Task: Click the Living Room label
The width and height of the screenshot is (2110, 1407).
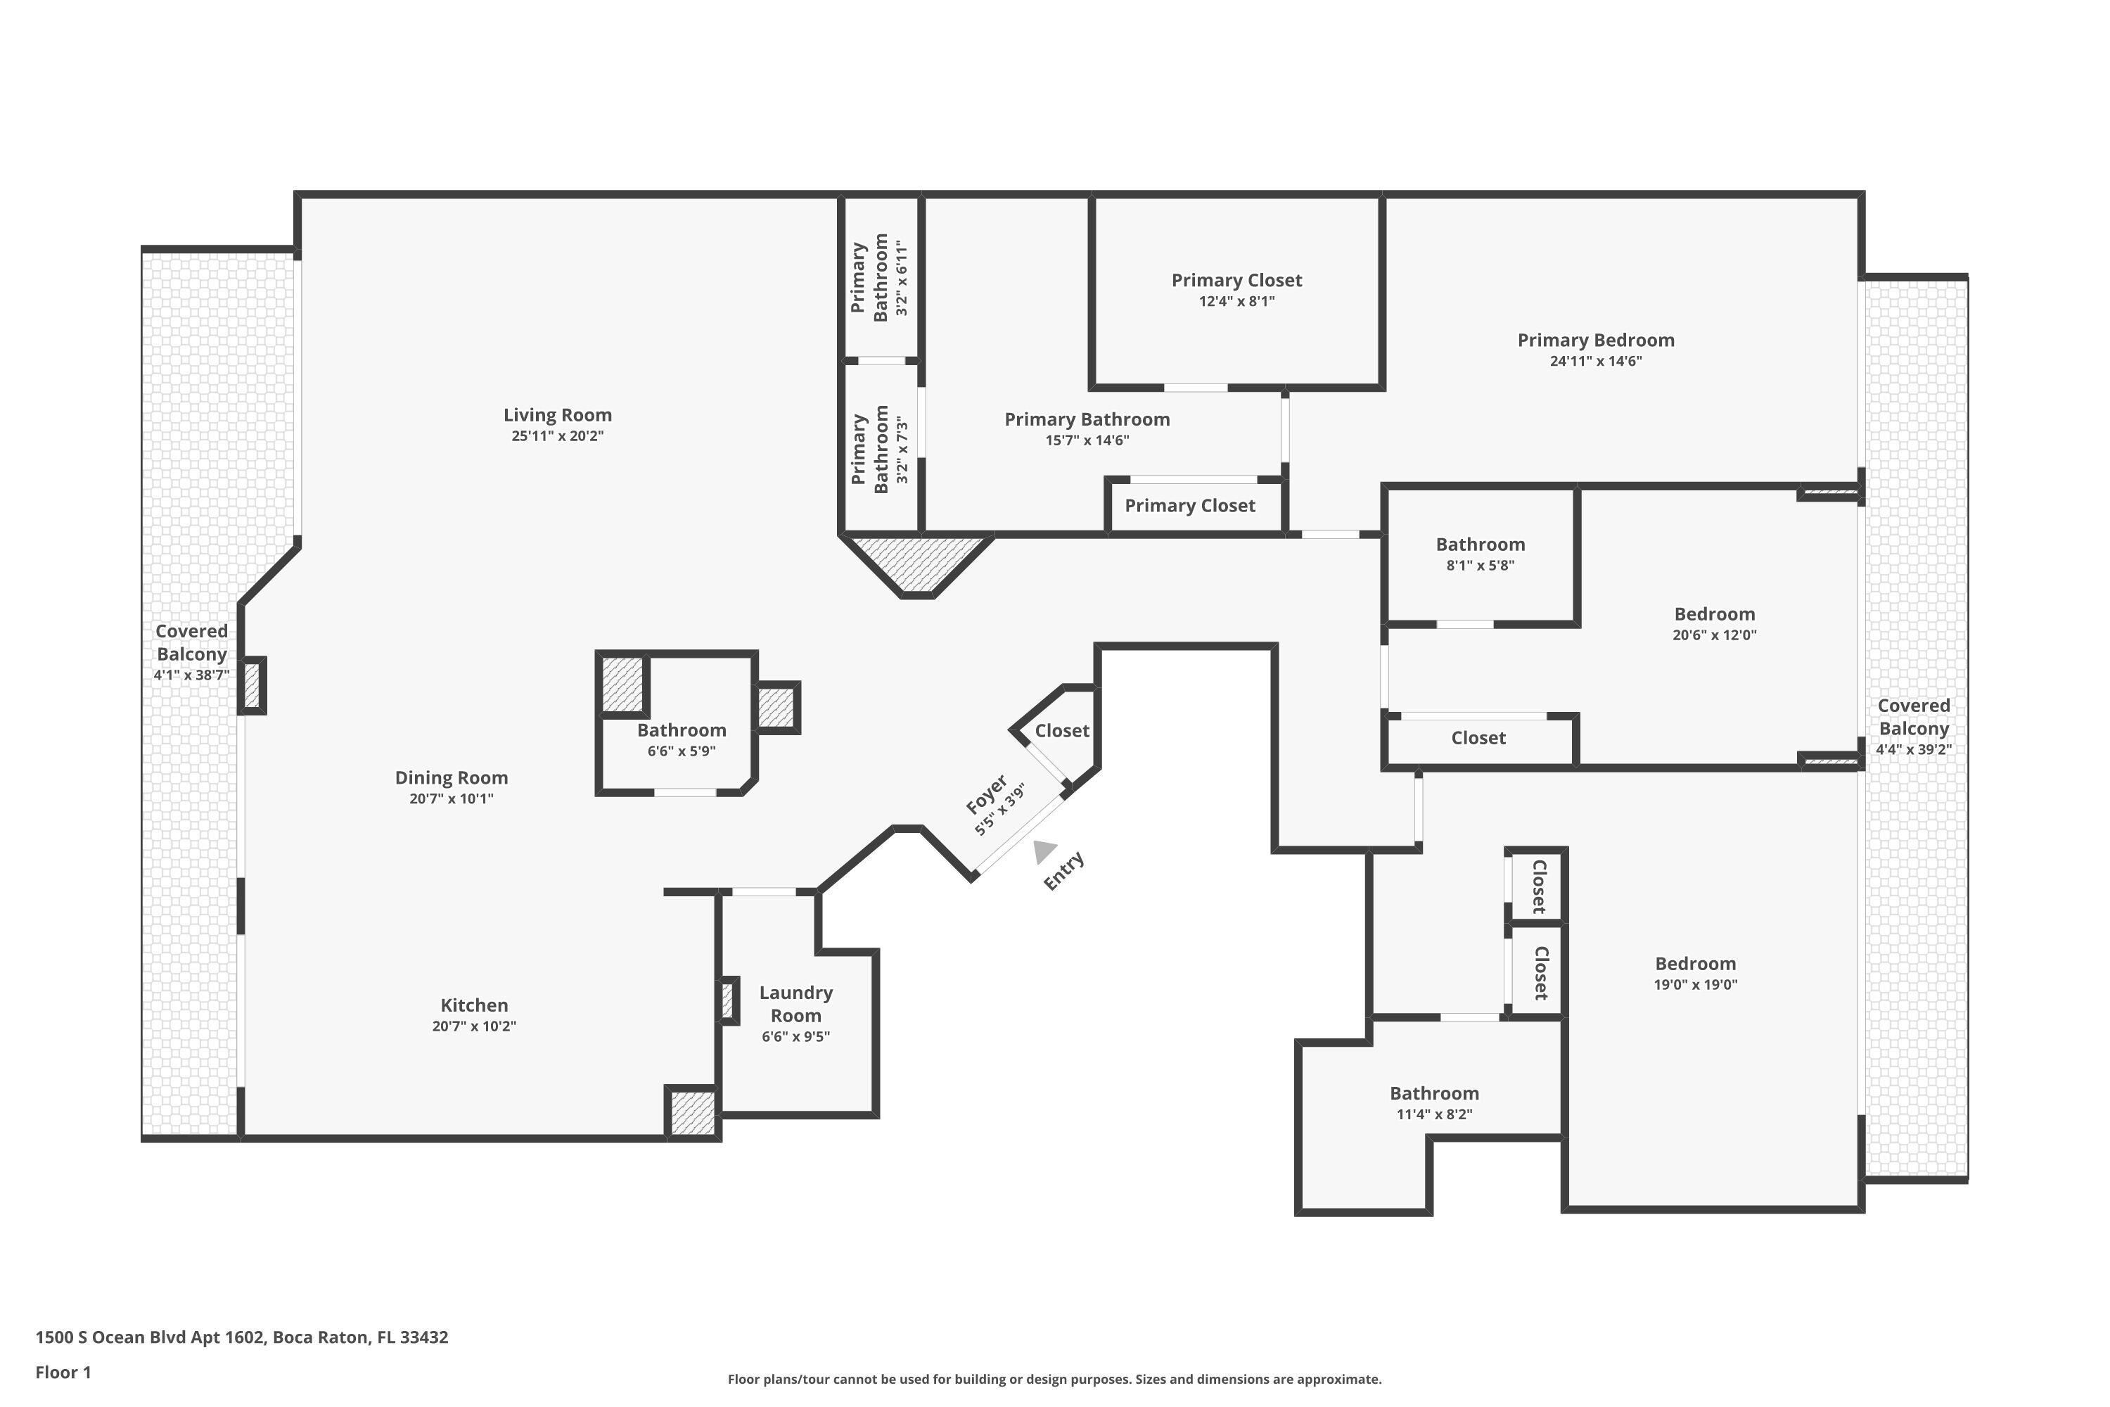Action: pos(557,414)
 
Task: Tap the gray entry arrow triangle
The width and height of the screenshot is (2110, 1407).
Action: pos(1043,851)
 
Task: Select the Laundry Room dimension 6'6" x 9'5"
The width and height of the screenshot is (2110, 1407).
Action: pos(795,1036)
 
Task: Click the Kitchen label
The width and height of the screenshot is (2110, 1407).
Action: pos(473,1005)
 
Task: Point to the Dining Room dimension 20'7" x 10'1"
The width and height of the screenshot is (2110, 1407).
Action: pos(452,798)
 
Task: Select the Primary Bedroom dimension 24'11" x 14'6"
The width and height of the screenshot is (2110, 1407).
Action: pos(1596,361)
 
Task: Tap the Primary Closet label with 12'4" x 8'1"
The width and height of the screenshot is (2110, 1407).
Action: pos(1236,280)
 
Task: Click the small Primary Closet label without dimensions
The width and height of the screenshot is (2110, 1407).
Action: pos(1189,505)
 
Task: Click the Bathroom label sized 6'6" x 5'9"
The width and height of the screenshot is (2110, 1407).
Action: pos(682,730)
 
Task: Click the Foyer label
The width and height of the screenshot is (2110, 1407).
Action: pos(986,794)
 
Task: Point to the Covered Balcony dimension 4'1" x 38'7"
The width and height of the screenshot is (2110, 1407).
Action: pos(191,675)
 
